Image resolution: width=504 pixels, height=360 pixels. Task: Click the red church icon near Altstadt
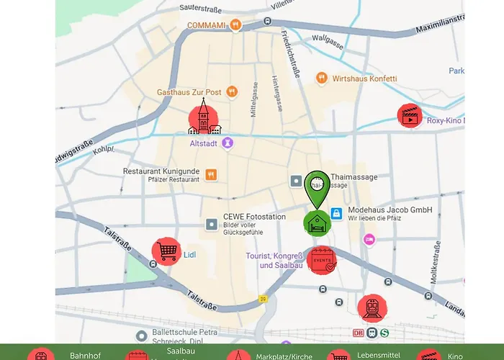pos(204,119)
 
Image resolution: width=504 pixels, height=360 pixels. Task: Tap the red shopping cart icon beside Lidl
pos(166,252)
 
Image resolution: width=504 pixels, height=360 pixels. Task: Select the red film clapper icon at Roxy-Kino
pos(410,117)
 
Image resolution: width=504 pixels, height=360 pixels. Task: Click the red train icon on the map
pos(372,307)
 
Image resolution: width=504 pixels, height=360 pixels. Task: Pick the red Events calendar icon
pos(321,261)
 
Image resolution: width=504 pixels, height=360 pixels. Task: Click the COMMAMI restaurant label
pos(207,25)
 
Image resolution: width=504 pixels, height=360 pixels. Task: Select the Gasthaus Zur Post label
pos(189,92)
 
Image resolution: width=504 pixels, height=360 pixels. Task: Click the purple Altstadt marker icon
pos(228,143)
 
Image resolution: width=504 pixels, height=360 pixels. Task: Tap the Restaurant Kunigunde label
pos(161,172)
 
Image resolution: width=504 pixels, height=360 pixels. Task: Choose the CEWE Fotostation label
pos(253,217)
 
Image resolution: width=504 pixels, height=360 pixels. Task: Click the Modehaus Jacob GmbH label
pos(390,210)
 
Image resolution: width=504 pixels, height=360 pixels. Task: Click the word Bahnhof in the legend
pos(85,356)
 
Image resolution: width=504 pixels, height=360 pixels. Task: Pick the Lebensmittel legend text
pos(372,356)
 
